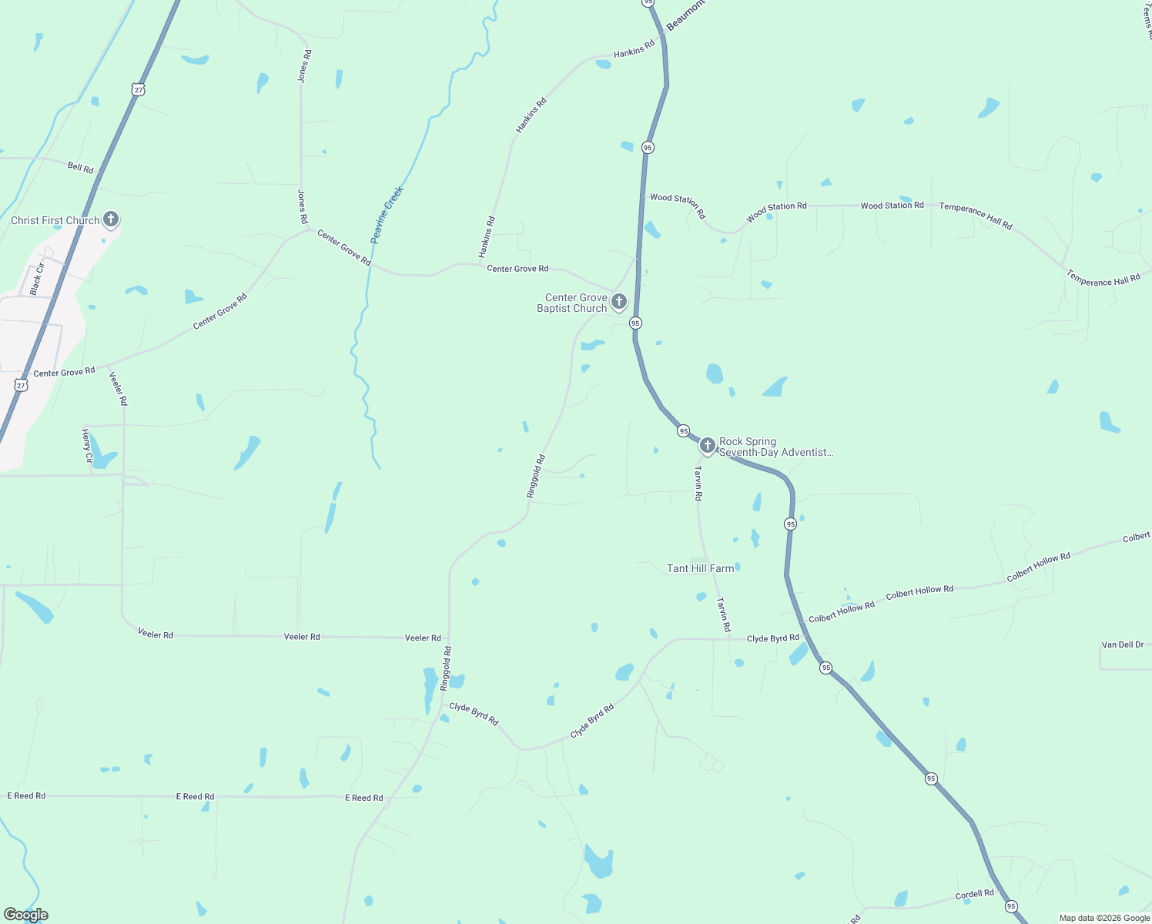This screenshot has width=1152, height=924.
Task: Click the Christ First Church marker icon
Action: coord(111,219)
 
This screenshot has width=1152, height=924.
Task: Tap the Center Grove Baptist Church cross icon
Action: coord(618,301)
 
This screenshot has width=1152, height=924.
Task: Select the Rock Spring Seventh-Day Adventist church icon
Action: coord(707,445)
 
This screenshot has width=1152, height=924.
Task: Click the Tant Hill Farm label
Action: coord(700,568)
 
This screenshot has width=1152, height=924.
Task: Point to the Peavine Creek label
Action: coord(387,215)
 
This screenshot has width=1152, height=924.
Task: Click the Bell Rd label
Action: coord(80,167)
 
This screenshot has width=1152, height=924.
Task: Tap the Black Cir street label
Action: coord(36,279)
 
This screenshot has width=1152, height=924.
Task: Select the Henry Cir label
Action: coord(86,447)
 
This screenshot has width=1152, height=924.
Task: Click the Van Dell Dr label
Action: coord(1122,644)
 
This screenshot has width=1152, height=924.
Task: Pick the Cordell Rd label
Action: coord(974,894)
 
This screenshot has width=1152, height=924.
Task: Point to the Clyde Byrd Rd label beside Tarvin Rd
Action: coord(772,638)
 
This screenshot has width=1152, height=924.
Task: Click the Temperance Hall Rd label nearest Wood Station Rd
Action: coord(975,216)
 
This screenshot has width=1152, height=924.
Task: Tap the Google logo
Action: coord(26,915)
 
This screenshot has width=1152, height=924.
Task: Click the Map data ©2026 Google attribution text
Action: coord(1104,918)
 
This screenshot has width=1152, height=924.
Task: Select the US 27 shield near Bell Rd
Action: coord(138,89)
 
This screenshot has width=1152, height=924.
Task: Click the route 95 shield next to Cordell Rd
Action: coord(1011,906)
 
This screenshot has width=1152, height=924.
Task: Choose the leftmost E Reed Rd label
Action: coord(26,795)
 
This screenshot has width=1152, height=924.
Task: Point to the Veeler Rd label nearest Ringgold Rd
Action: coord(423,638)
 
